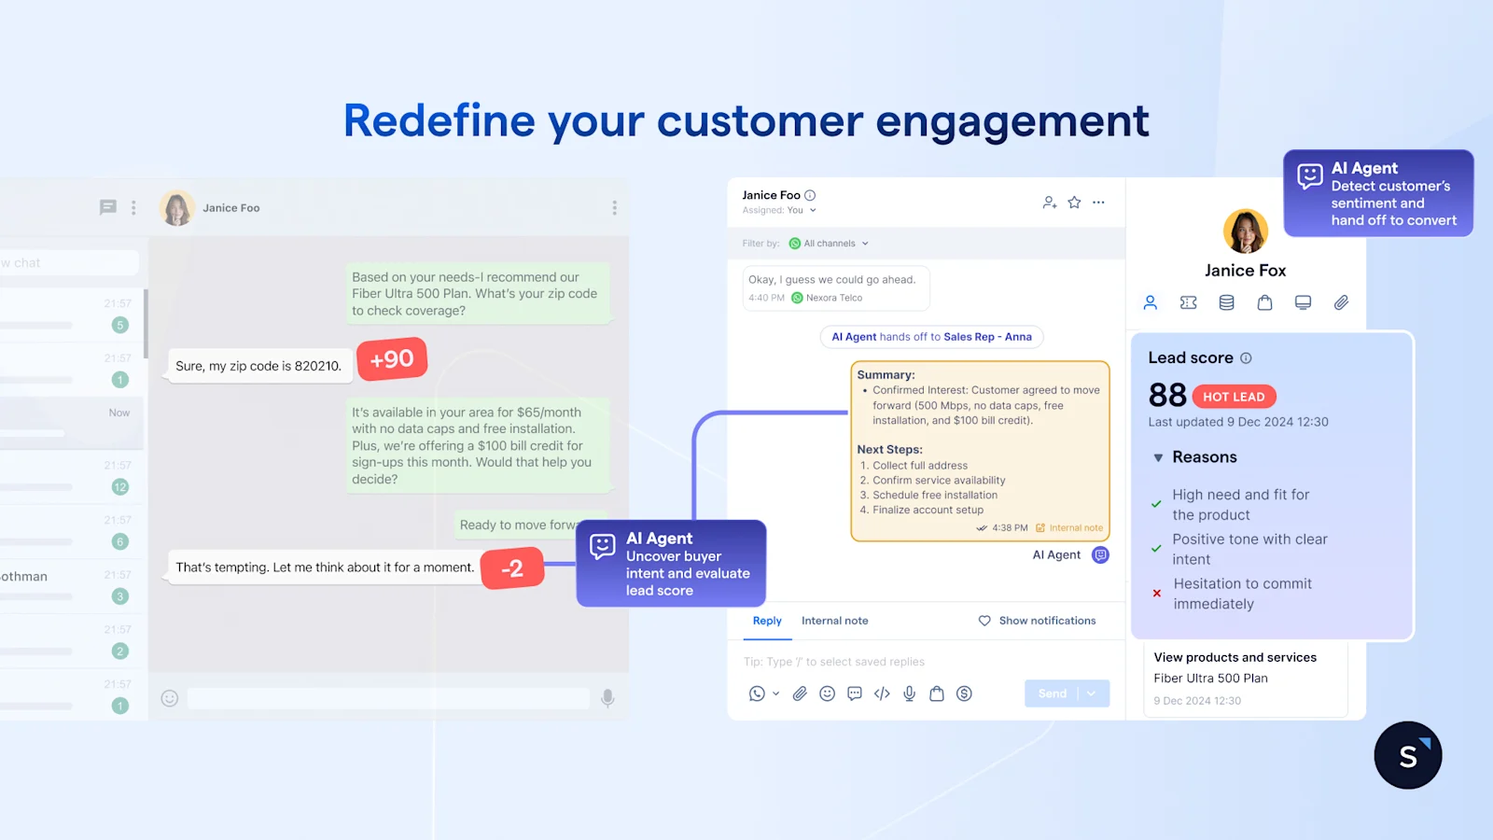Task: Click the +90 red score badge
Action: point(392,359)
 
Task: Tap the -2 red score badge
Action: point(512,568)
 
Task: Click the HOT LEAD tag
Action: point(1234,397)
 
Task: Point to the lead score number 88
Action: point(1167,396)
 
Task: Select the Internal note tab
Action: point(834,621)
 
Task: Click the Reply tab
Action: point(767,621)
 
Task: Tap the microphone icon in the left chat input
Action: point(607,698)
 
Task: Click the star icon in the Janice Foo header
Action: point(1074,203)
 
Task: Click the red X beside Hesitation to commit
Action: point(1157,593)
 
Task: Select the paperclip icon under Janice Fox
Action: point(1341,302)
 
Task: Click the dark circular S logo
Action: point(1408,755)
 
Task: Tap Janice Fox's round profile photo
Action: point(1246,231)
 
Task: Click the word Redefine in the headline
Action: point(438,121)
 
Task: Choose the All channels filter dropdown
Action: point(829,244)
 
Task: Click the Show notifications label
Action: point(1047,621)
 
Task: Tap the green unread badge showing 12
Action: point(119,486)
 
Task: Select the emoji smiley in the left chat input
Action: point(169,698)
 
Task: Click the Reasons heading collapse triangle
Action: point(1158,457)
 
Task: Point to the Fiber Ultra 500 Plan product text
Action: point(1210,679)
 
